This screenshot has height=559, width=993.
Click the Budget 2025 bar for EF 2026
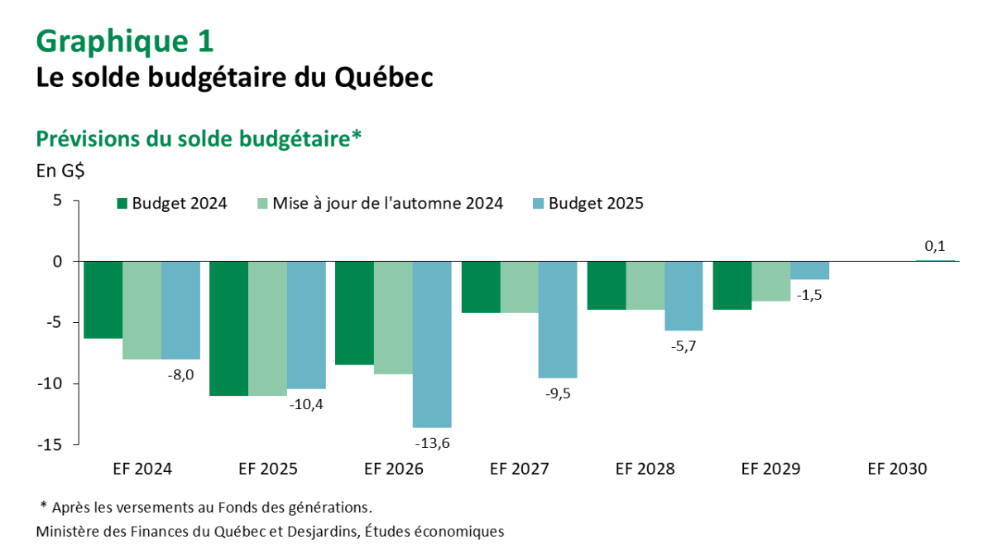point(432,344)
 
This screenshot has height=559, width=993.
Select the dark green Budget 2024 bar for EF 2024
point(103,300)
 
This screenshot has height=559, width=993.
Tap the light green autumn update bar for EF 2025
point(267,328)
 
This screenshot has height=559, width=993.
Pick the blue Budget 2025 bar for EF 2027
point(558,319)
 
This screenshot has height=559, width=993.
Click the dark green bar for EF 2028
point(607,286)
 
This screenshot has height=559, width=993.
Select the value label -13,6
point(432,444)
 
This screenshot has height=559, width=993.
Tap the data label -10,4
point(306,405)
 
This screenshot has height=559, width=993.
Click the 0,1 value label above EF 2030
point(935,246)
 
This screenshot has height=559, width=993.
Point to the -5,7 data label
point(684,347)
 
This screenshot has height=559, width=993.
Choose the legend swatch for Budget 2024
point(122,203)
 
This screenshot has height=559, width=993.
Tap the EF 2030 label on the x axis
point(897,469)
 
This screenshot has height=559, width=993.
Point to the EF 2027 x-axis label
point(519,469)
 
